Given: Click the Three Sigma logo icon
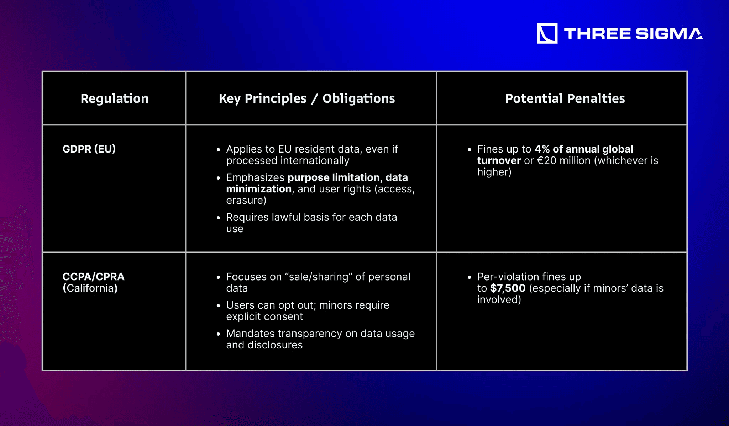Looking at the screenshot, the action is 547,34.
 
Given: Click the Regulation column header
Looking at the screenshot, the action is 114,98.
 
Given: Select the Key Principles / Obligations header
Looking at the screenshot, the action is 307,98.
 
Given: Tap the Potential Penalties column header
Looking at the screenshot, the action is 565,98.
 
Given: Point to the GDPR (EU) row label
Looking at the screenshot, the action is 89,149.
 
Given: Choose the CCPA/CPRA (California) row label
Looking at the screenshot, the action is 93,282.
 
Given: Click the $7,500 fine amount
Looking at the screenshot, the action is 508,288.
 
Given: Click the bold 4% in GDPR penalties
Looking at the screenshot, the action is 542,149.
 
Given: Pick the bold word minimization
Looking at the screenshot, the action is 259,189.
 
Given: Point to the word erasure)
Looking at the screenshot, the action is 246,201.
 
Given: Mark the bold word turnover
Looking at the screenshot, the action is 499,161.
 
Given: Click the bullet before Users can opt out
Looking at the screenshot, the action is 219,305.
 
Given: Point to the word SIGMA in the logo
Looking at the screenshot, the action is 669,34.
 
